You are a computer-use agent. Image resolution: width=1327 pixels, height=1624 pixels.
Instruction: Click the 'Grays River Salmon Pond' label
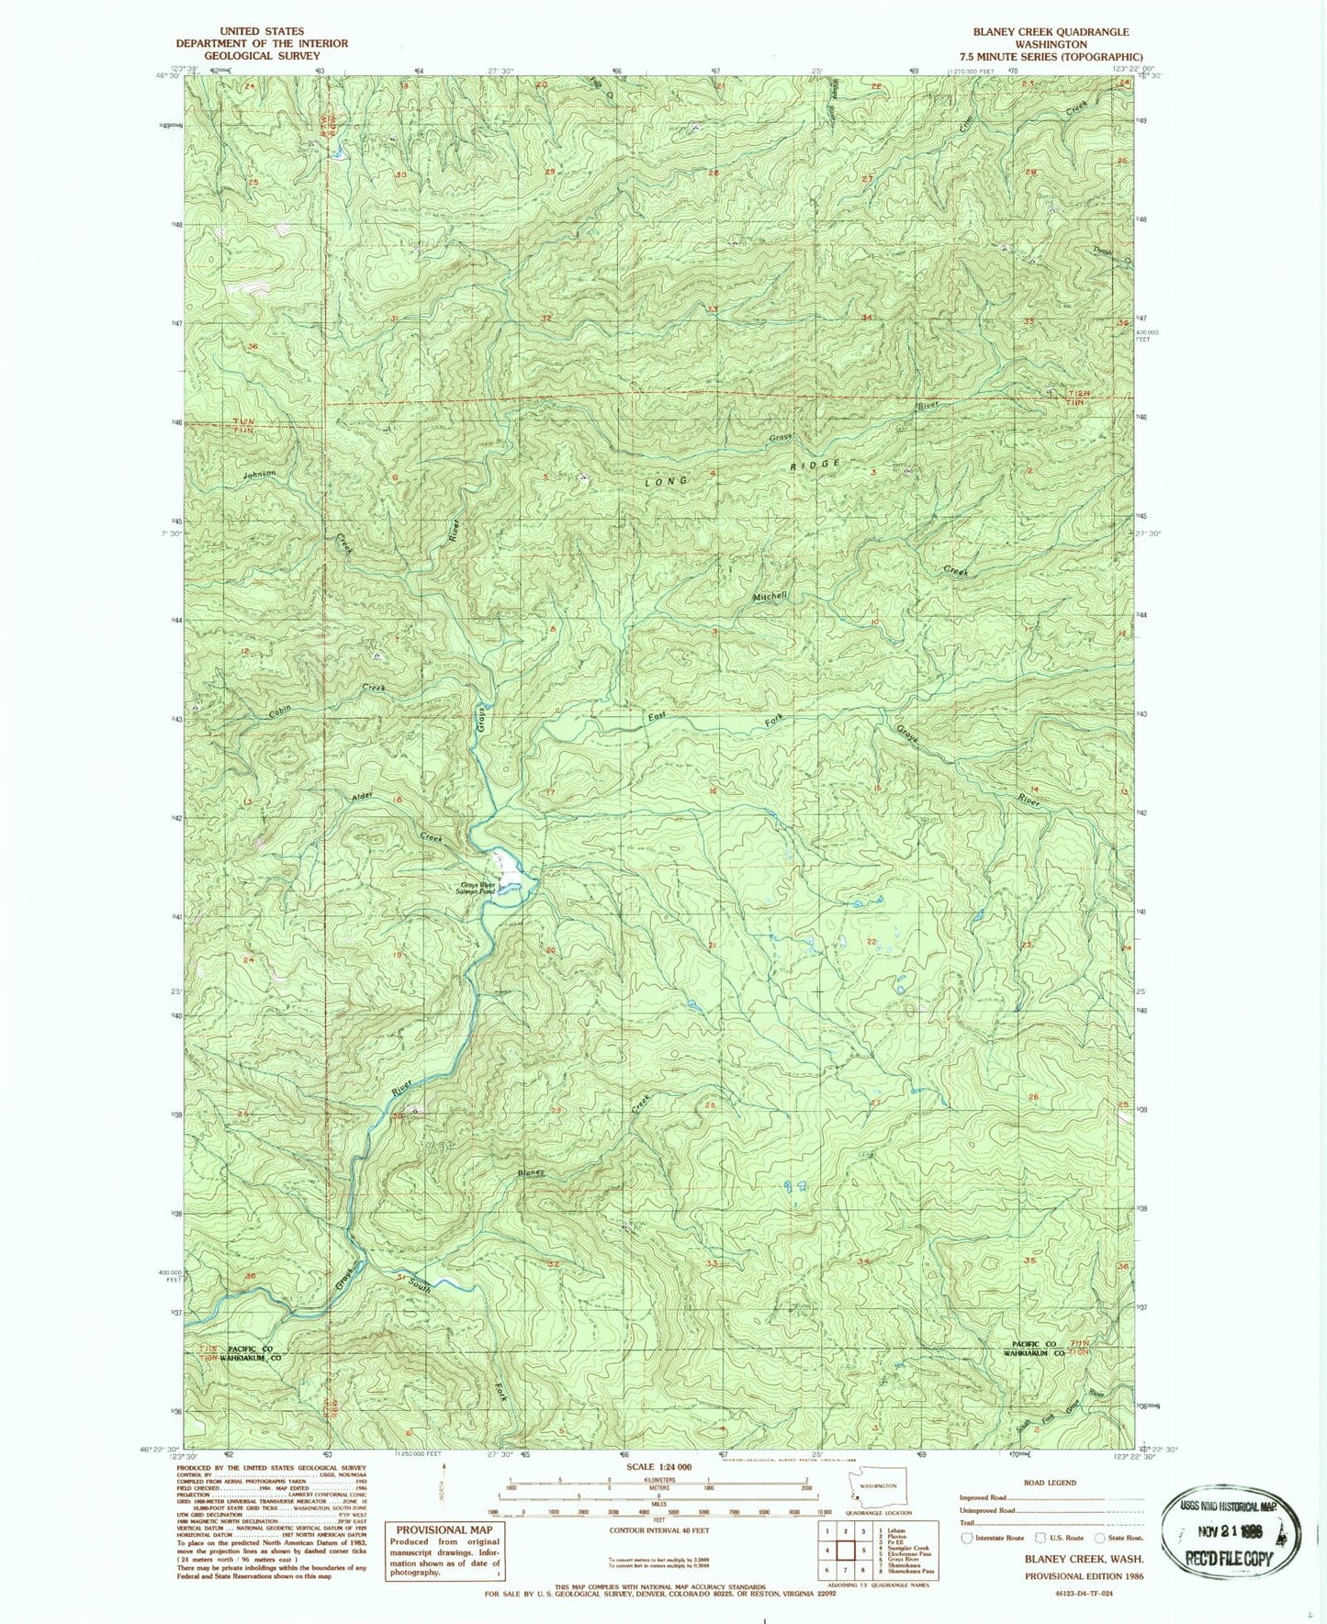point(477,889)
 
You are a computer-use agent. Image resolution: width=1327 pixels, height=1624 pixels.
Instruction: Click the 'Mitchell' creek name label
point(770,596)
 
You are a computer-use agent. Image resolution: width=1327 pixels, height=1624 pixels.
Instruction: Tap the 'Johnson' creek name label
point(259,475)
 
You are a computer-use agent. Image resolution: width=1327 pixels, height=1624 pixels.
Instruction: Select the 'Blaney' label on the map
point(531,1171)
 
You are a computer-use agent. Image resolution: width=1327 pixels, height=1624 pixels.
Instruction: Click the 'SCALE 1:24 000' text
point(659,1467)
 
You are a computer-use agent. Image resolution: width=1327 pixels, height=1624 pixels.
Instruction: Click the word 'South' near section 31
point(420,1286)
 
